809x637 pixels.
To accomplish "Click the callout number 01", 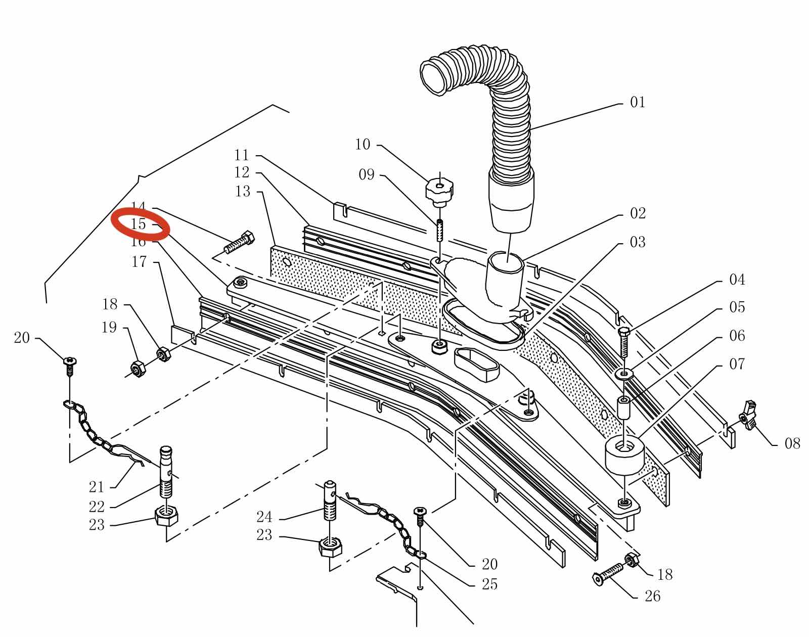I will pos(638,103).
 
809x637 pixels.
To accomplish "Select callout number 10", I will pos(363,145).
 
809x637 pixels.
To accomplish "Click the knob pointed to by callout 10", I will pos(439,191).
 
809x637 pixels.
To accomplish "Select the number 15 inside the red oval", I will pos(138,224).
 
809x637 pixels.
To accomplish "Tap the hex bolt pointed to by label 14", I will pos(239,243).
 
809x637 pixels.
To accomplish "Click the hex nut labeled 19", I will pos(137,369).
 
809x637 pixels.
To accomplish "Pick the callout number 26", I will pos(652,597).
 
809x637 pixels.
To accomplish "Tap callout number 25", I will pos(489,584).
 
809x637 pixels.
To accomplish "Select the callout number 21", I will pos(96,487).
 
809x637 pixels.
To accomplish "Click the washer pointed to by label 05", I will pos(624,374).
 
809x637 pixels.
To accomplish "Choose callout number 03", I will pos(638,242).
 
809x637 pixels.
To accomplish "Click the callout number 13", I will pos(243,192).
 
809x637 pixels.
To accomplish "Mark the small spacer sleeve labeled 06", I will pos(624,406).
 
